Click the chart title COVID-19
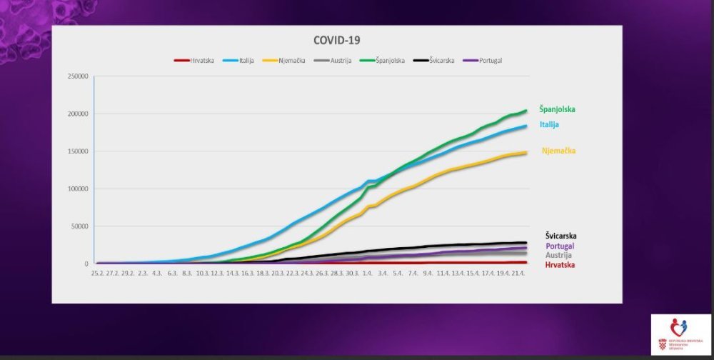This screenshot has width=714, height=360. (x=337, y=40)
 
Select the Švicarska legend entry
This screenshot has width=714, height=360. (x=438, y=61)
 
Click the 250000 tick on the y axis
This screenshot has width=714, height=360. (x=78, y=76)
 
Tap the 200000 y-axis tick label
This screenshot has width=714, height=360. (x=78, y=114)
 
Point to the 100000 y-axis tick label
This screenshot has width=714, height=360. (x=78, y=189)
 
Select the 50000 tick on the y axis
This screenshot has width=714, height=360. (x=79, y=226)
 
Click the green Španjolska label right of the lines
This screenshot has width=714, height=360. (x=557, y=109)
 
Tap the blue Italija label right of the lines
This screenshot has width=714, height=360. (x=549, y=124)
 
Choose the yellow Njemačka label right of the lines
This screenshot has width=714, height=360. (x=558, y=151)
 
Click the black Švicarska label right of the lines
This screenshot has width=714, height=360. (x=560, y=236)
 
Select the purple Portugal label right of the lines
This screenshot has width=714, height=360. (x=560, y=246)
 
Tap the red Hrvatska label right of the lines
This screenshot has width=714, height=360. (x=560, y=265)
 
